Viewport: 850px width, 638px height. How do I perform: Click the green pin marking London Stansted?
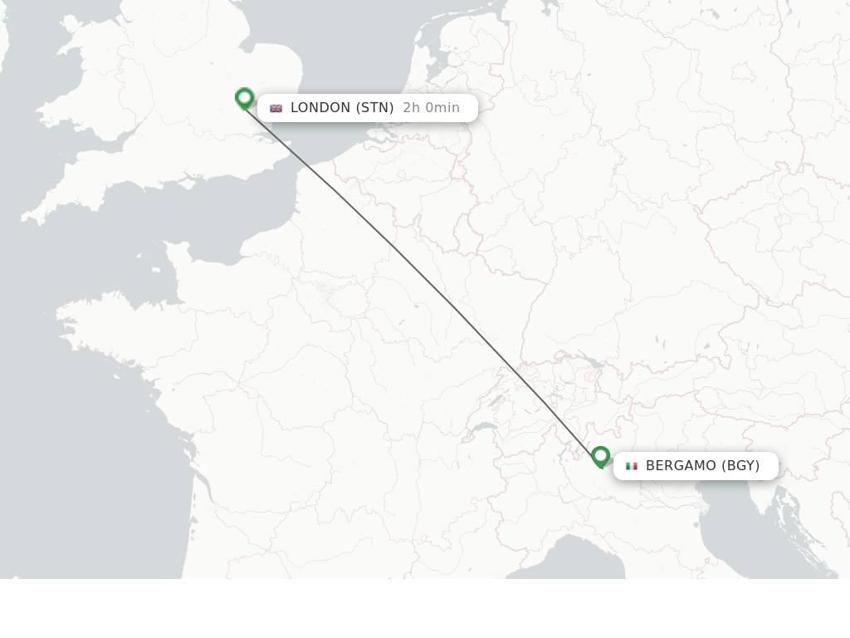coord(244,98)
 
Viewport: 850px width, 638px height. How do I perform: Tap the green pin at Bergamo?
coord(600,456)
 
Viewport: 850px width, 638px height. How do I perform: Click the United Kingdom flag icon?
coord(276,108)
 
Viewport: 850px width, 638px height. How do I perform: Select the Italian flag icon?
coord(632,466)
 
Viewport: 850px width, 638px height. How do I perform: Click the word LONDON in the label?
coord(320,108)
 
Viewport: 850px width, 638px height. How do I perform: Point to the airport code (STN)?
coord(374,108)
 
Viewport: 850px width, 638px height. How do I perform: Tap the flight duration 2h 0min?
coord(431,108)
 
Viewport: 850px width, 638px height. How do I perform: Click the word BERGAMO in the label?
coord(681,466)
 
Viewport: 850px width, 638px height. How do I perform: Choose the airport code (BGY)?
coord(740,466)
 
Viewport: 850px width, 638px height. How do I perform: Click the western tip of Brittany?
coord(60,316)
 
